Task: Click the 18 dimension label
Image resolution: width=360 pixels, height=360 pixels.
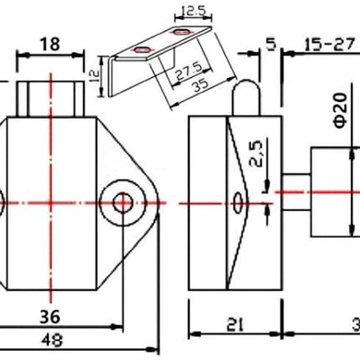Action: pyautogui.click(x=50, y=44)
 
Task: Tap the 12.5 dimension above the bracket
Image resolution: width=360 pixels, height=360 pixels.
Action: pyautogui.click(x=193, y=11)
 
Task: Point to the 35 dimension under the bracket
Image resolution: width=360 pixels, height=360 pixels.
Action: pyautogui.click(x=201, y=85)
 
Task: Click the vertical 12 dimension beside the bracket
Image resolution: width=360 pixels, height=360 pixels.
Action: pyautogui.click(x=95, y=75)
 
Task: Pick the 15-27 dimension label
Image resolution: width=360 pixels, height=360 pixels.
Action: pyautogui.click(x=330, y=44)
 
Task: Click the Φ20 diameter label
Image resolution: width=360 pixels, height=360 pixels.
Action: pyautogui.click(x=341, y=111)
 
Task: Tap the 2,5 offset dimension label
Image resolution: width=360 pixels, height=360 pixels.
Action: pyautogui.click(x=256, y=153)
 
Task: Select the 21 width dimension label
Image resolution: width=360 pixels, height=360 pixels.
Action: pyautogui.click(x=234, y=325)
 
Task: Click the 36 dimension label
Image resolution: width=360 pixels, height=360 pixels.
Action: pyautogui.click(x=50, y=317)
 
